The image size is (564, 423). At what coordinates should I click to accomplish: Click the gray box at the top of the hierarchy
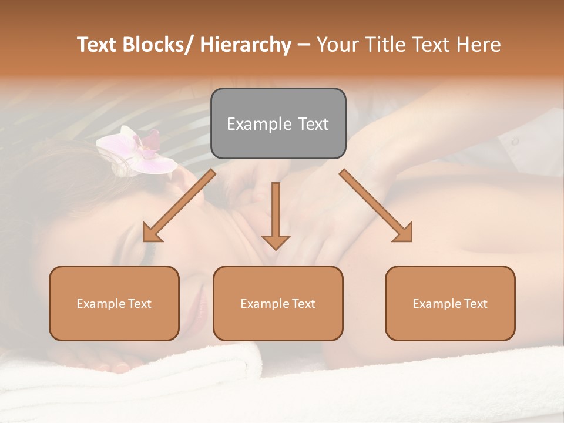coord(278,123)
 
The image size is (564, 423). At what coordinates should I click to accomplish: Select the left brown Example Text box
coord(114,303)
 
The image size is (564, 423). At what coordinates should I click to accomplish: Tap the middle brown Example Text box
coord(278,303)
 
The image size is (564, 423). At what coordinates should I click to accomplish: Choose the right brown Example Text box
coord(450,303)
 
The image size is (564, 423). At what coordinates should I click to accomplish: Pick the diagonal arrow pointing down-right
coord(376,206)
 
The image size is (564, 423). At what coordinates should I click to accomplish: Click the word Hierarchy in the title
coord(246,45)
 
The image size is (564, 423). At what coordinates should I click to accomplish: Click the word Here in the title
coord(478,45)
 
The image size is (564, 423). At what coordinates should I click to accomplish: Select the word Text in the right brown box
coord(475,303)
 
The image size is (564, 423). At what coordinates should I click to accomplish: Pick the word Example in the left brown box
coord(100,303)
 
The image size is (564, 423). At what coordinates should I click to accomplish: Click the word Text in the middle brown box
coord(303,303)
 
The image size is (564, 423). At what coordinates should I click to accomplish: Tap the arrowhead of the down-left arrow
coord(153,233)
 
